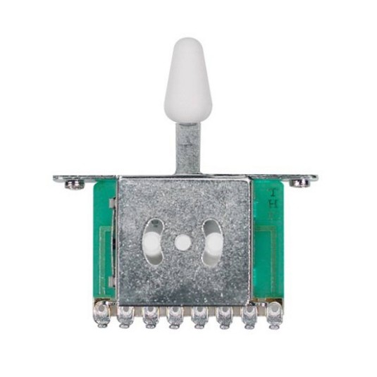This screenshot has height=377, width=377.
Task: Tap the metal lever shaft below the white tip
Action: (187, 147)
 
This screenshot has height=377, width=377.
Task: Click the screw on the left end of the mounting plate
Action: (73, 185)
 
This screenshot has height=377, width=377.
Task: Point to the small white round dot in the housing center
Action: (183, 242)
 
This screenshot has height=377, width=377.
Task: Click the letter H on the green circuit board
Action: (273, 204)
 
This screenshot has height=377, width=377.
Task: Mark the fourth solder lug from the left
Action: (175, 315)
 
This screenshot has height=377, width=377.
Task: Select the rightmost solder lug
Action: (273, 313)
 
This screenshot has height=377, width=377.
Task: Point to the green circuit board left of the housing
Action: (104, 240)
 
